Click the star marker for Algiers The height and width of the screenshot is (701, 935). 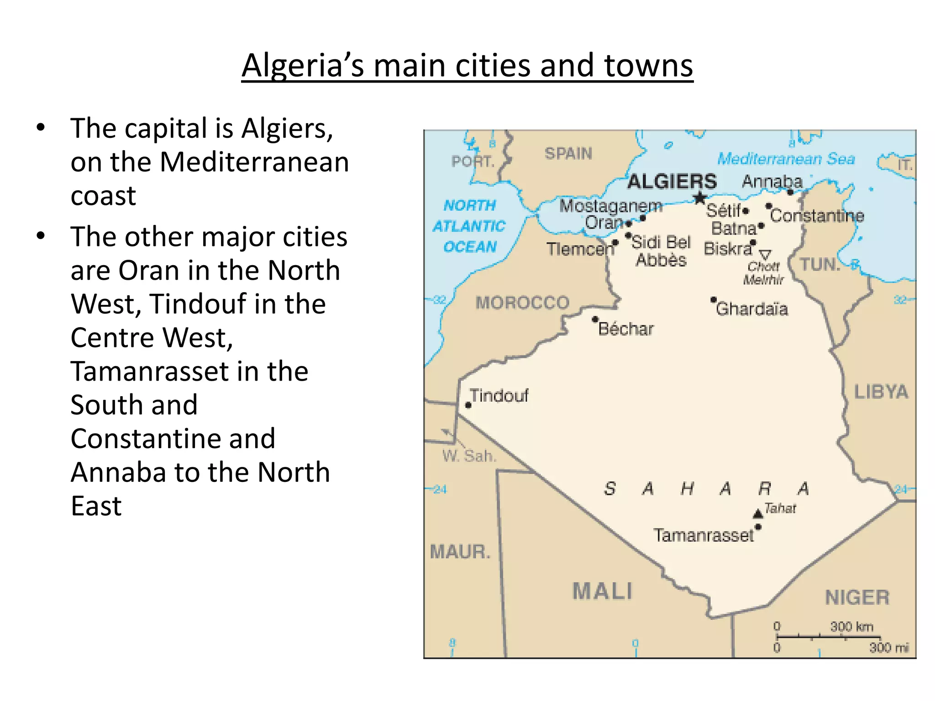click(x=699, y=198)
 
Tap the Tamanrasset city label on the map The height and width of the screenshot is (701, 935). click(x=703, y=535)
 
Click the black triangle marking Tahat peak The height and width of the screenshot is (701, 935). click(x=758, y=514)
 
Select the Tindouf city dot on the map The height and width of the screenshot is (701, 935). click(x=468, y=405)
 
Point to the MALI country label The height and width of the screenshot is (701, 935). click(x=603, y=591)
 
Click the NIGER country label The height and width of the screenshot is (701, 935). click(x=857, y=597)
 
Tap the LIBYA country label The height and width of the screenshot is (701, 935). click(x=881, y=392)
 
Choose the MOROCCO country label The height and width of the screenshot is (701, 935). click(x=522, y=303)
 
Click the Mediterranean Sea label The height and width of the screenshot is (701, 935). click(x=786, y=159)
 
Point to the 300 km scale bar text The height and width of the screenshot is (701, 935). click(x=851, y=627)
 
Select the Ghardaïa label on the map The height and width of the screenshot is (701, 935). click(x=751, y=309)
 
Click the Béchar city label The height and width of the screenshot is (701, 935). click(x=626, y=329)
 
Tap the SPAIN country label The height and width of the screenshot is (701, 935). click(x=568, y=153)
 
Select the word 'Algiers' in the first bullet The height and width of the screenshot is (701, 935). click(x=287, y=128)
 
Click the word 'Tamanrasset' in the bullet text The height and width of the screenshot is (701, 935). click(x=189, y=371)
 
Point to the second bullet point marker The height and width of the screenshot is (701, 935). click(x=41, y=236)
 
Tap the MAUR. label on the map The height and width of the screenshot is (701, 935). click(x=460, y=552)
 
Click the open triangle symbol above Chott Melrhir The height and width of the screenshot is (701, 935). click(x=765, y=254)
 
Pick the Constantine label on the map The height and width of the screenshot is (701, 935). click(x=817, y=216)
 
